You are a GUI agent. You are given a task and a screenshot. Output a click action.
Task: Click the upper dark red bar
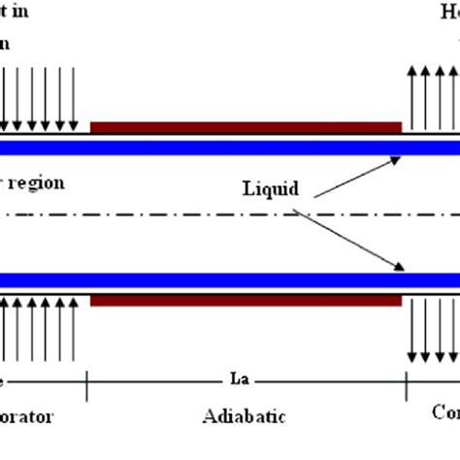pyautogui.click(x=246, y=127)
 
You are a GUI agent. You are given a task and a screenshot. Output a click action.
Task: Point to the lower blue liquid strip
pyautogui.click(x=230, y=279)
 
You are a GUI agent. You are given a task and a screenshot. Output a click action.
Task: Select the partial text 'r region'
pyautogui.click(x=30, y=182)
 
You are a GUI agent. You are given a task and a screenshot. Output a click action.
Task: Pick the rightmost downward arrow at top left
pyautogui.click(x=74, y=97)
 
